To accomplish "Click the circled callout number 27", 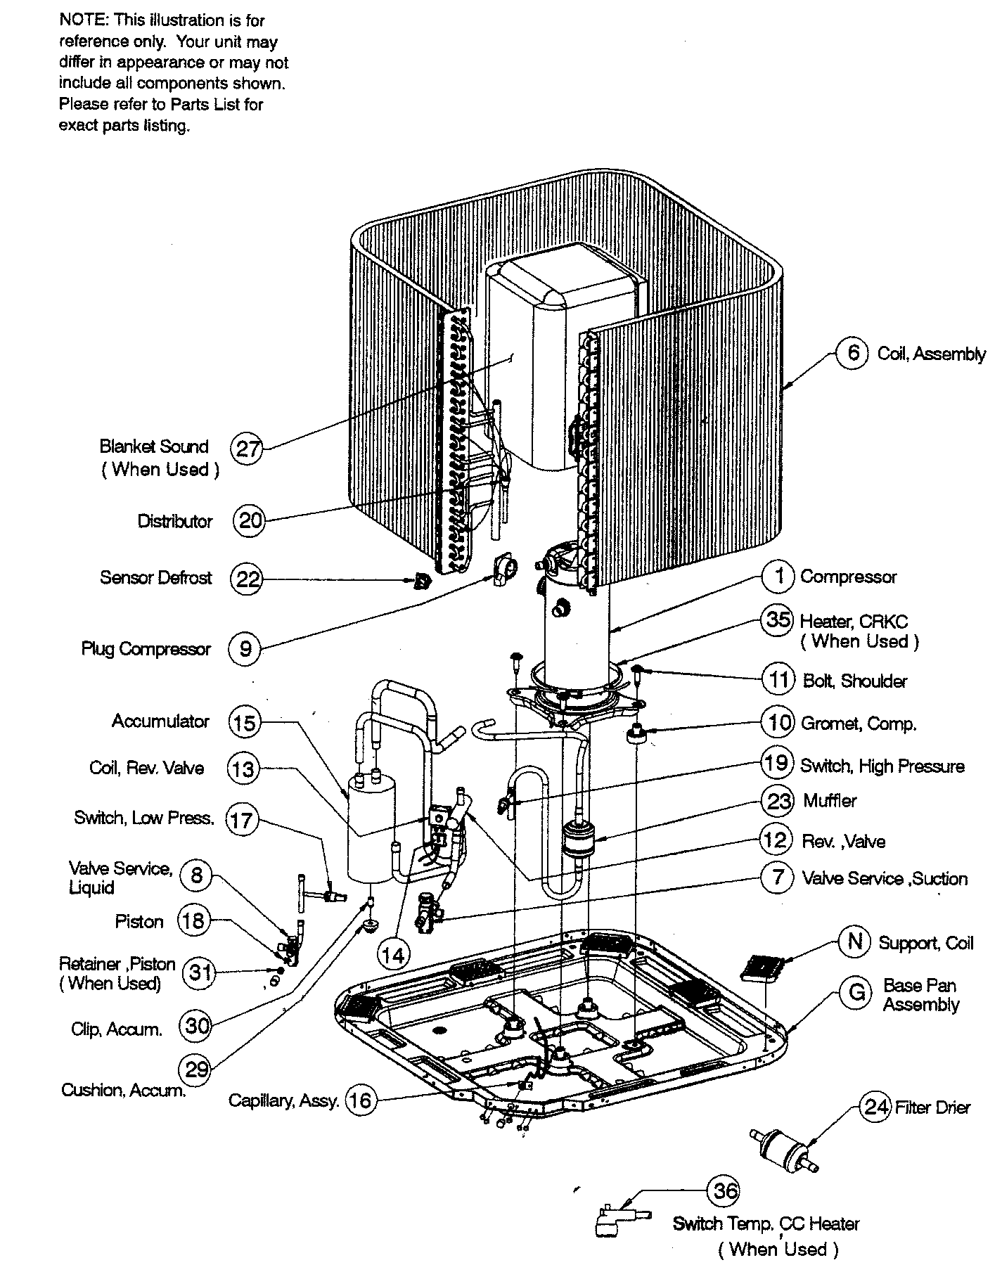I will tap(247, 448).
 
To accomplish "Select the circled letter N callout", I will tap(855, 942).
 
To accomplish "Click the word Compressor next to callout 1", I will tap(848, 577).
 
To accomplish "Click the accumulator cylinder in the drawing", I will tap(371, 830).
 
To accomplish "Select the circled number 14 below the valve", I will tap(394, 954).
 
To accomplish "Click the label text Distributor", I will tap(174, 521).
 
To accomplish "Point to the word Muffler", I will tap(830, 801).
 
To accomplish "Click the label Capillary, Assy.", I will tap(283, 1100).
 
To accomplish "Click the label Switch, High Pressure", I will tap(882, 766).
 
